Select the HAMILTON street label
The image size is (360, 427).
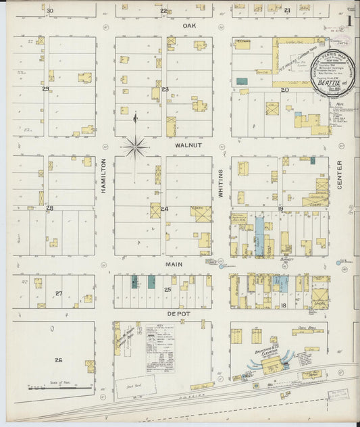point(105,177)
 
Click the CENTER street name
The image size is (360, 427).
point(340,174)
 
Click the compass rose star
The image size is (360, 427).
point(136,145)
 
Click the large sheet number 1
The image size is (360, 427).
point(350,21)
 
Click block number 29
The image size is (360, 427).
point(45,89)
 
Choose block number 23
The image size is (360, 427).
point(164,89)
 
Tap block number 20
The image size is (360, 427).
point(284,90)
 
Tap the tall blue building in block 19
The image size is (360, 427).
point(259,236)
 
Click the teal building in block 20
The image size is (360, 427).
point(242,81)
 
